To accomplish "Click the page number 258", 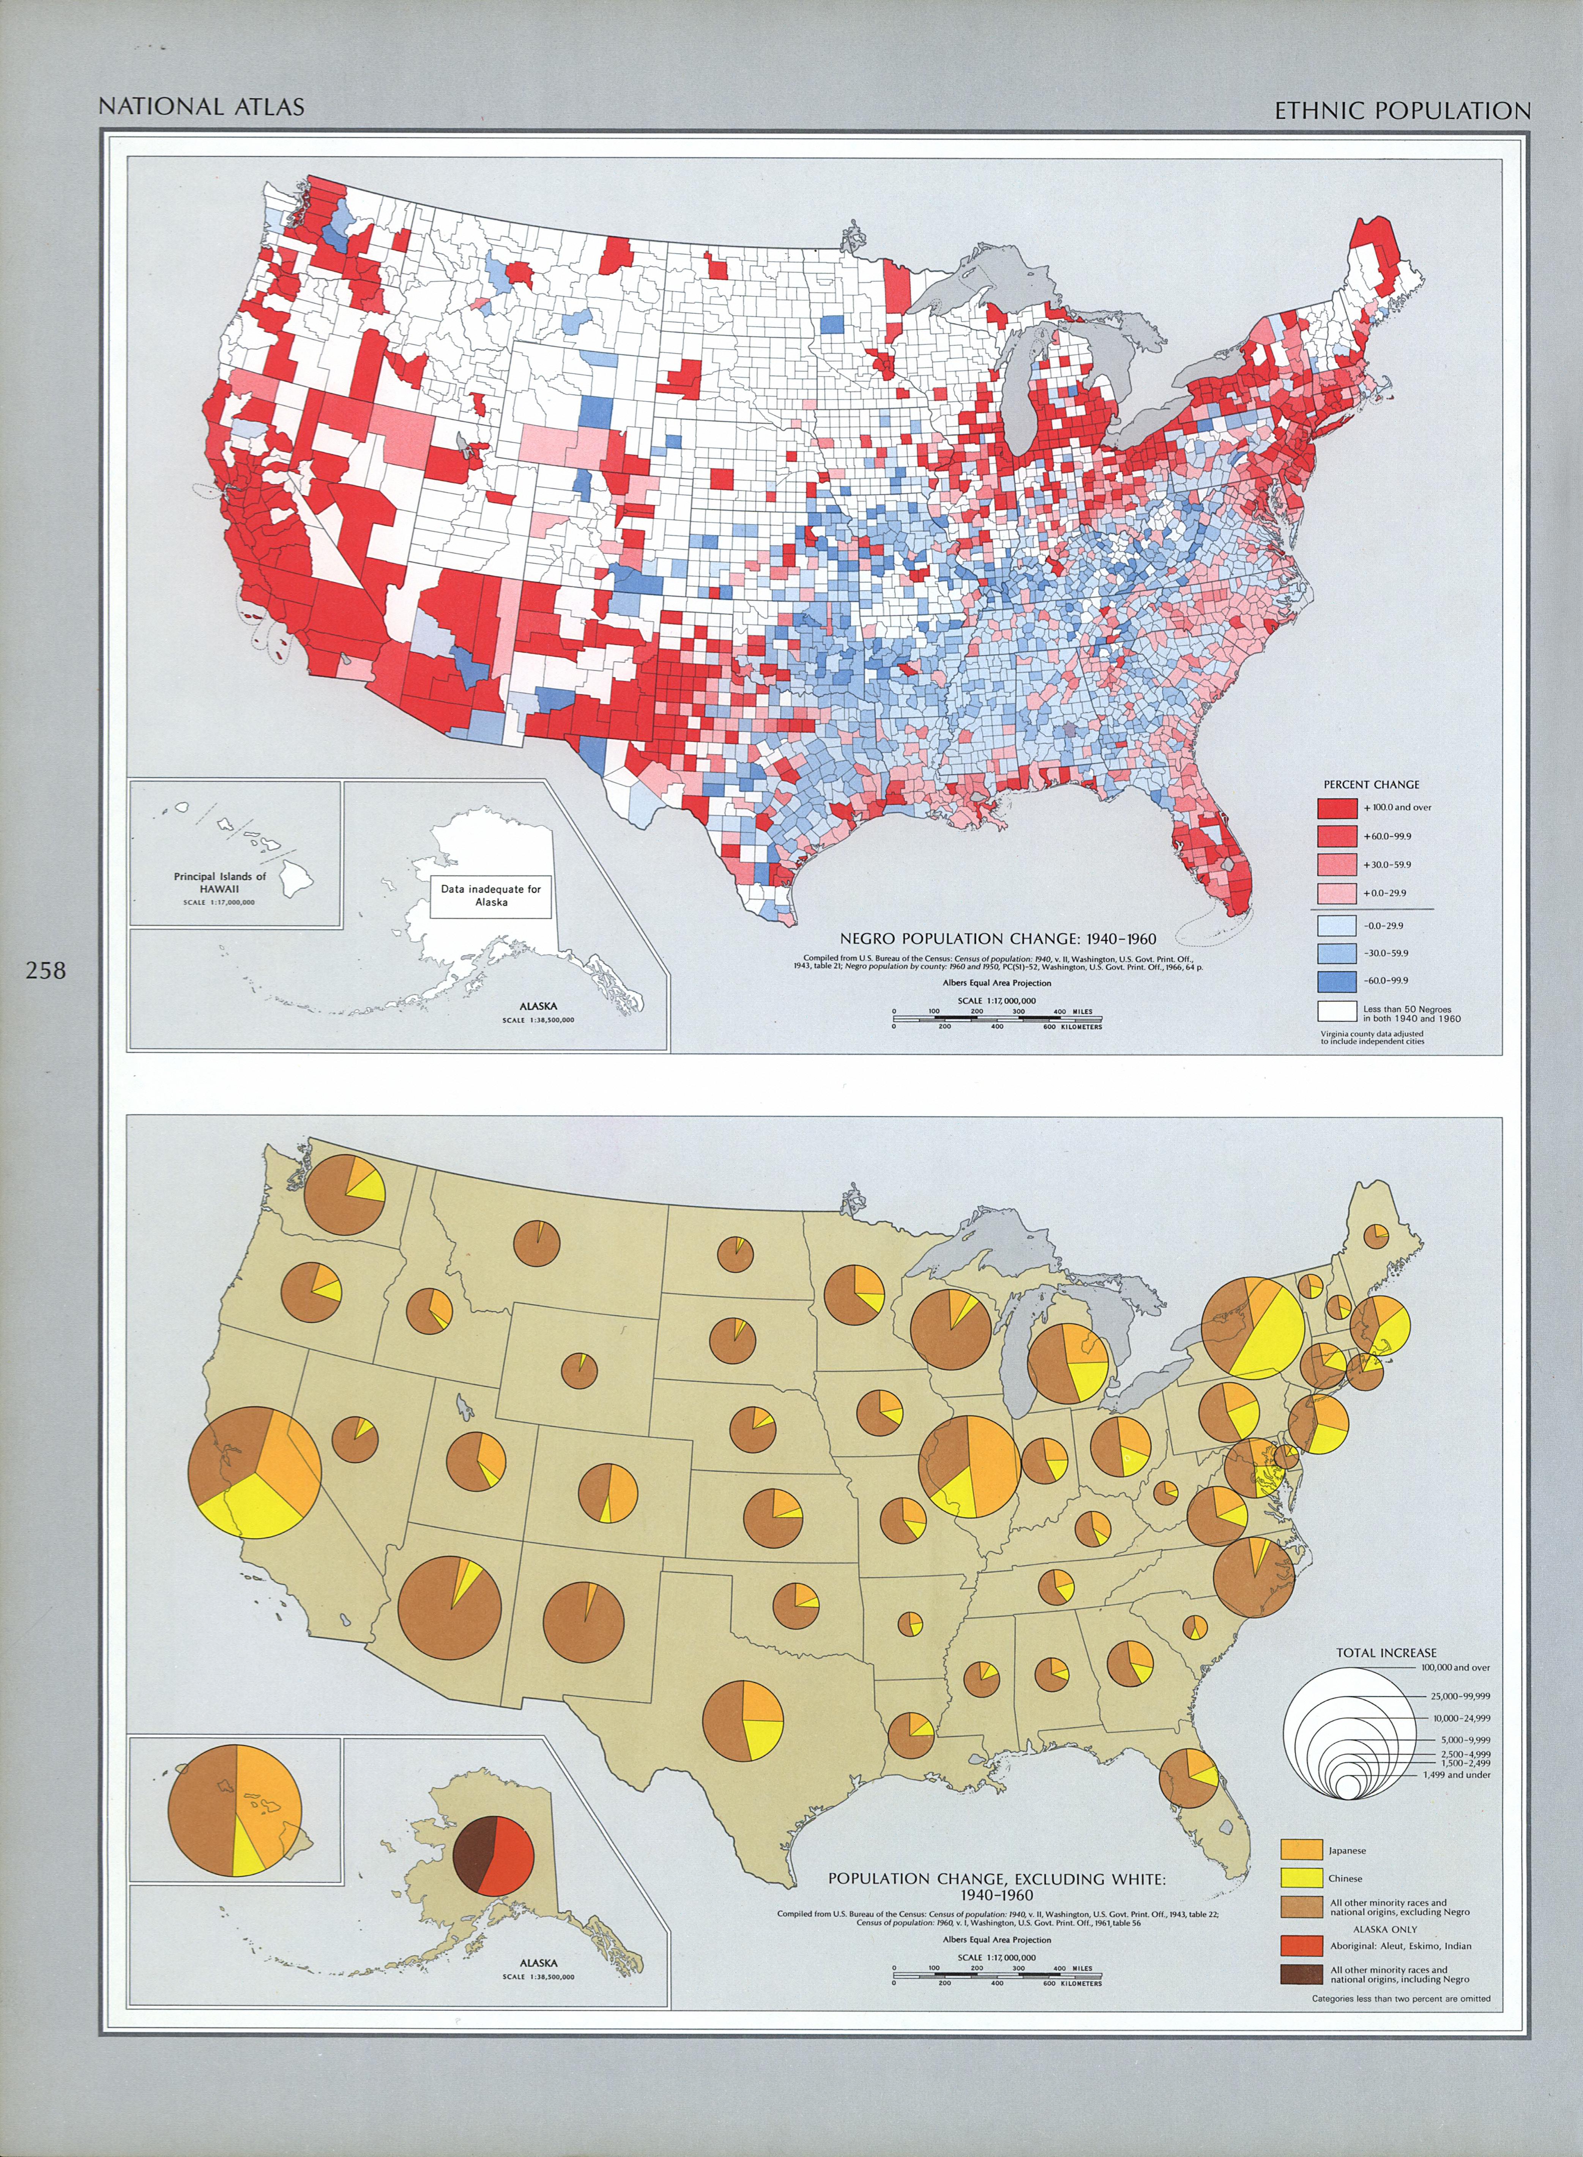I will pos(46,970).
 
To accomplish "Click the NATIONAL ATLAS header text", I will pos(201,106).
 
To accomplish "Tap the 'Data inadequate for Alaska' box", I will pos(490,896).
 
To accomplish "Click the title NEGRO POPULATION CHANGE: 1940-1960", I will pos(998,938).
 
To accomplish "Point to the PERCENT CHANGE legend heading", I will pos(1371,784).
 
